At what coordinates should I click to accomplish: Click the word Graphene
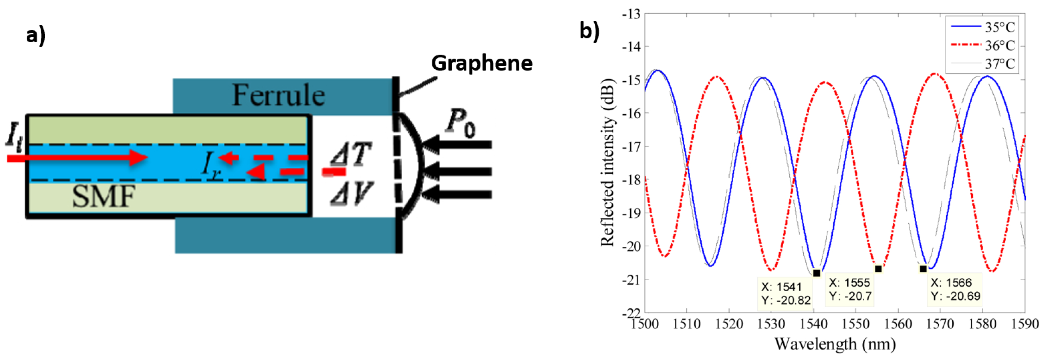tap(481, 63)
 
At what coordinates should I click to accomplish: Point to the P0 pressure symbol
tap(460, 123)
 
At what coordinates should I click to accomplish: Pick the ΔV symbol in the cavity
tap(351, 194)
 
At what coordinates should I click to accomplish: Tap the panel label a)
tap(36, 36)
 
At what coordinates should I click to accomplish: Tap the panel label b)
tap(589, 31)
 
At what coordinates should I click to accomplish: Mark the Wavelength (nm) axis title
tap(835, 344)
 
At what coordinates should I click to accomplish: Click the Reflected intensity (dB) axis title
tap(608, 162)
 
